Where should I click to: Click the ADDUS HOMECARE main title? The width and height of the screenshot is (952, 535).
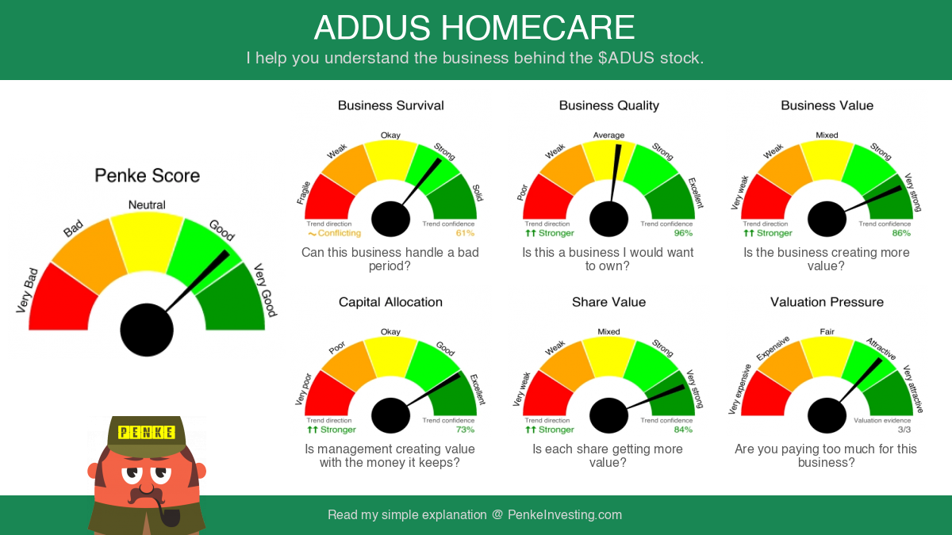(x=474, y=28)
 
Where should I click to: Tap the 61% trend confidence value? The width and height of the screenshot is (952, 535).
(x=465, y=233)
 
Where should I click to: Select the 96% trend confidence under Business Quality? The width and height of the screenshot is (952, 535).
(x=683, y=233)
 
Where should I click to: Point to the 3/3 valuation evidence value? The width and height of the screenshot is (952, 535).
(x=904, y=430)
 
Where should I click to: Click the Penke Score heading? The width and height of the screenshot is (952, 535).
(x=147, y=175)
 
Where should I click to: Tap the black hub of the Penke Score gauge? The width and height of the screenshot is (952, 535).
(x=147, y=330)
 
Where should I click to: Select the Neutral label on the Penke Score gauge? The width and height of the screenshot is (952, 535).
(x=147, y=204)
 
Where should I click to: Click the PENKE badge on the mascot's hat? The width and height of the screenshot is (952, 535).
(x=147, y=432)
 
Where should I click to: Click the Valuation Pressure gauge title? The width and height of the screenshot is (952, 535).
(x=827, y=302)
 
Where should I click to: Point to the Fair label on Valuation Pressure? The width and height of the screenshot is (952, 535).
(x=827, y=331)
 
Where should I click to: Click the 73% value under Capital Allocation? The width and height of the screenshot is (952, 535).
(x=465, y=430)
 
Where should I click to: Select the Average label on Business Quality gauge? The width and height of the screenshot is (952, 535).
(x=608, y=135)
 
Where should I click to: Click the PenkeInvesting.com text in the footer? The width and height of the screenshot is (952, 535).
(x=564, y=514)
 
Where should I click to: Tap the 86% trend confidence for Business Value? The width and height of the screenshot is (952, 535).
(x=901, y=233)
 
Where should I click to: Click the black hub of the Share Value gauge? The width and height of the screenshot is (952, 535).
(x=608, y=415)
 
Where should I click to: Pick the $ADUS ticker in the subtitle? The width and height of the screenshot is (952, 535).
(x=627, y=58)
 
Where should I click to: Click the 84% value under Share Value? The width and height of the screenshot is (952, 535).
(x=683, y=430)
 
